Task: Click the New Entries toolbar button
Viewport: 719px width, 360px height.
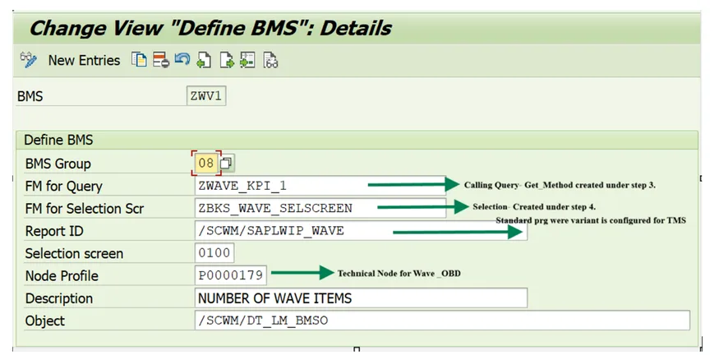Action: click(84, 61)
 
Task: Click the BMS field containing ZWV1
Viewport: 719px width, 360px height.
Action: click(206, 96)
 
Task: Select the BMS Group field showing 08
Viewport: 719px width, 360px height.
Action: click(206, 163)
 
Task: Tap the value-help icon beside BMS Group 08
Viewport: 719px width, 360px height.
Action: click(226, 163)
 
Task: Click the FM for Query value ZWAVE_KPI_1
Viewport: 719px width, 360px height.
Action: click(242, 186)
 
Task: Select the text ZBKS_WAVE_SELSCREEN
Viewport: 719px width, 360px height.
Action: click(275, 208)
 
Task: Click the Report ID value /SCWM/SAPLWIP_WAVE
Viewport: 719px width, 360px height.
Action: click(270, 231)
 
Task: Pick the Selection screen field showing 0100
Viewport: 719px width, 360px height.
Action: click(214, 252)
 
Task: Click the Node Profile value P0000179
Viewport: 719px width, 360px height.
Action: click(230, 275)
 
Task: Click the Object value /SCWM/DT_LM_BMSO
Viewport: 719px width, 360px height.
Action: click(263, 320)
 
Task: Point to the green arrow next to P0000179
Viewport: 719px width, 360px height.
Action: click(302, 273)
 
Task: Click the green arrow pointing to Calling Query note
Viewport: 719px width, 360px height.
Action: click(413, 184)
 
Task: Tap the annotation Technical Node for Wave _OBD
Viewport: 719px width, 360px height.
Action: click(399, 274)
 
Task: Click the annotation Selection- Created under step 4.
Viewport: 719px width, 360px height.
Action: click(534, 207)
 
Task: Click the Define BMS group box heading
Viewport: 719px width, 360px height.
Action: click(58, 140)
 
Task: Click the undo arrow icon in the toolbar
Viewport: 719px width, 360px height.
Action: click(182, 60)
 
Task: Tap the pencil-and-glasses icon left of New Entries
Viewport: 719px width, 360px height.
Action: click(29, 60)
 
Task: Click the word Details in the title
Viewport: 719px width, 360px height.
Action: click(355, 29)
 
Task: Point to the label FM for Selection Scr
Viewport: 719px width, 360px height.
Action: click(85, 209)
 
